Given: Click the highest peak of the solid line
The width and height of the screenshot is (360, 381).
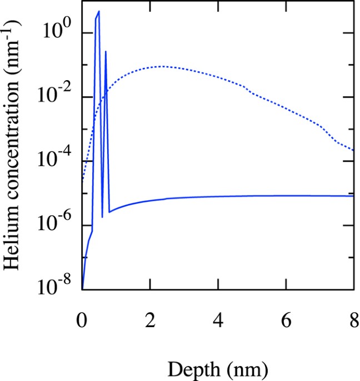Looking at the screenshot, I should pos(99,11).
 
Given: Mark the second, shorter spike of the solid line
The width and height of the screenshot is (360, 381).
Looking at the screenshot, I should pos(106,51).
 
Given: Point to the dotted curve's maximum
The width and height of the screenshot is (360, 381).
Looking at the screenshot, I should pos(162,66).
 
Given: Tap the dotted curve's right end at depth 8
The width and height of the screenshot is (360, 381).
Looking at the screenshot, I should pos(353,150).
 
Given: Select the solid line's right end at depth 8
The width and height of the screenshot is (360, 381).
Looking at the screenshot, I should pos(353,196).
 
